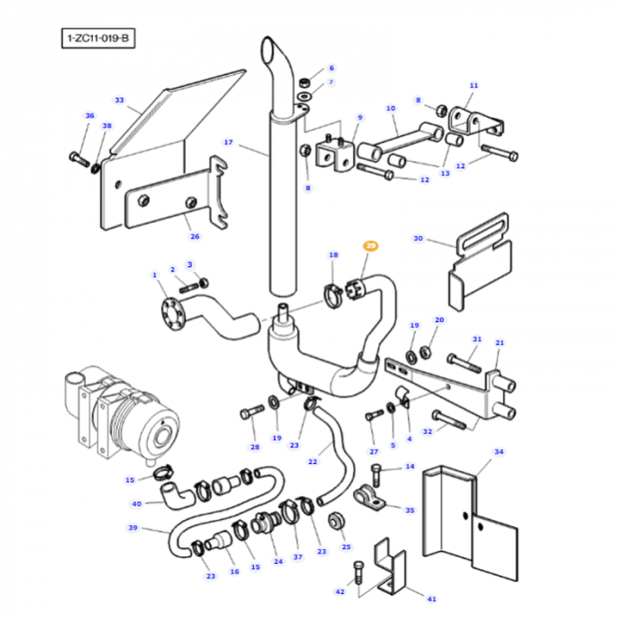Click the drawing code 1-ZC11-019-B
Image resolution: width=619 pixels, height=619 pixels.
(x=100, y=40)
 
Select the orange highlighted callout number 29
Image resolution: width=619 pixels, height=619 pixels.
(x=371, y=246)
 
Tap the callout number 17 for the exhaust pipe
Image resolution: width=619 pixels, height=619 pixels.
(x=227, y=142)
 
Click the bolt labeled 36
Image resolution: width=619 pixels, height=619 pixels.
(x=74, y=158)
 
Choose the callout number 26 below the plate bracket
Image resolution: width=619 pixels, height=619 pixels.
(x=195, y=236)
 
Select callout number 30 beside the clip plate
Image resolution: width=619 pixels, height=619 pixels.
(x=418, y=238)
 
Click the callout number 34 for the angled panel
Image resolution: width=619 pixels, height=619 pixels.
(x=498, y=453)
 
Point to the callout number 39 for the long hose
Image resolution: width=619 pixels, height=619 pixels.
(x=134, y=528)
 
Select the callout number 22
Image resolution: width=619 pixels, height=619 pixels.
(x=312, y=462)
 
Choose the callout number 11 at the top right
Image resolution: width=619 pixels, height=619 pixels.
(x=473, y=86)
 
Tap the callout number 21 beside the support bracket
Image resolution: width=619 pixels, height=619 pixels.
(x=499, y=343)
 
